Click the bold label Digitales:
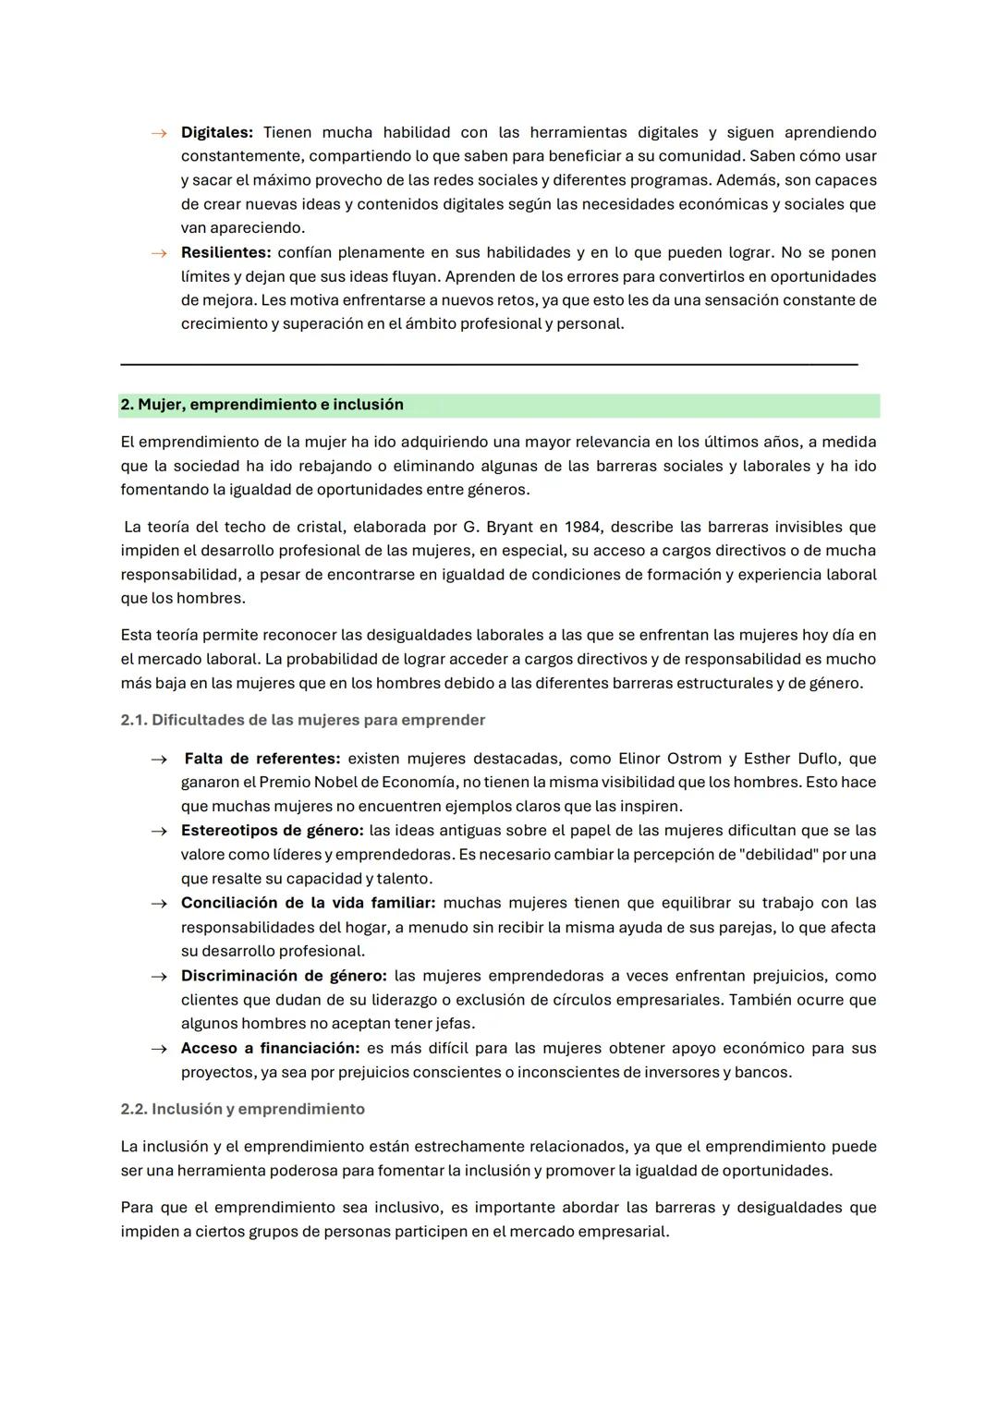[216, 133]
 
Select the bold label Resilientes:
[225, 253]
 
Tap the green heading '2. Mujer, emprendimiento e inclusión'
[262, 405]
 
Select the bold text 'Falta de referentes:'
[262, 759]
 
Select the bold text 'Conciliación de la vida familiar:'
[308, 903]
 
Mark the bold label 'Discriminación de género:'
[284, 976]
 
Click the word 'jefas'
[454, 1024]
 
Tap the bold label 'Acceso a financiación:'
[270, 1048]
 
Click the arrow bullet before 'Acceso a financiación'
[159, 1049]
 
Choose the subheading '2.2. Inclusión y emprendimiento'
[242, 1109]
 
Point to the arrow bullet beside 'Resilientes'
[159, 253]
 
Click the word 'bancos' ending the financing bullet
[761, 1072]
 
